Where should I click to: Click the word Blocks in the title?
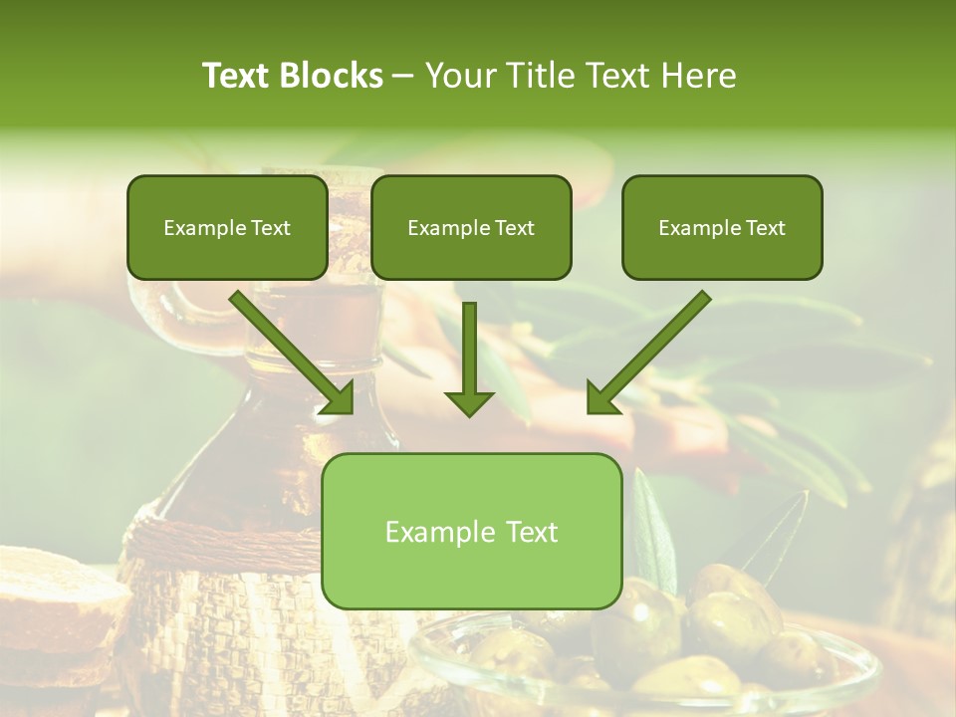click(331, 76)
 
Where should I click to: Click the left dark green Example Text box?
click(227, 228)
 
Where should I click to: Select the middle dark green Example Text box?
click(471, 228)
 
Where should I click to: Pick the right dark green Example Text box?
click(722, 228)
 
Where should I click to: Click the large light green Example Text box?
click(471, 531)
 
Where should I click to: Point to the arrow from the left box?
click(294, 354)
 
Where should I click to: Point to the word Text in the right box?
click(766, 228)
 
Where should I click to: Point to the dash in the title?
click(403, 77)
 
